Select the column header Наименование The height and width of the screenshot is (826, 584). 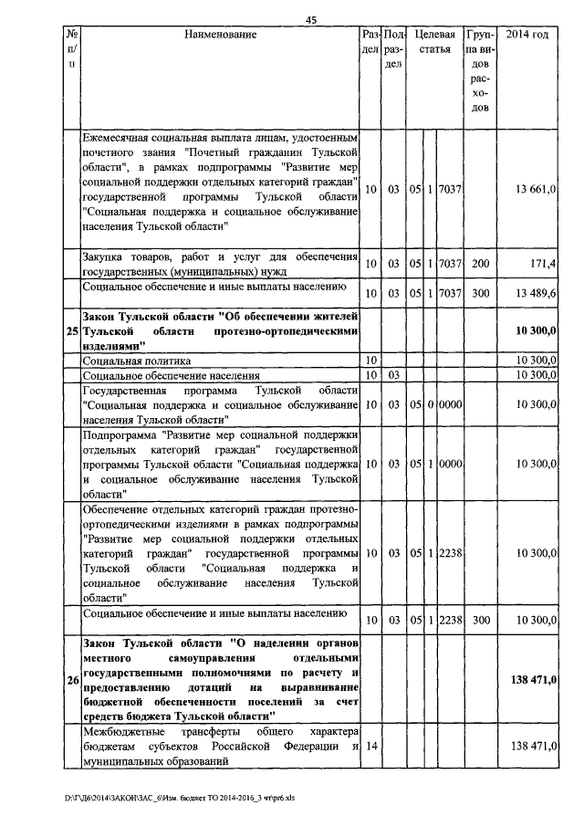220,35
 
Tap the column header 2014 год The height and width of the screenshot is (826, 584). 527,35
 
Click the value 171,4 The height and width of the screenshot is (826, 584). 543,264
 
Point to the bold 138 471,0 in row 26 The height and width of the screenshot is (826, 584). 533,680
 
